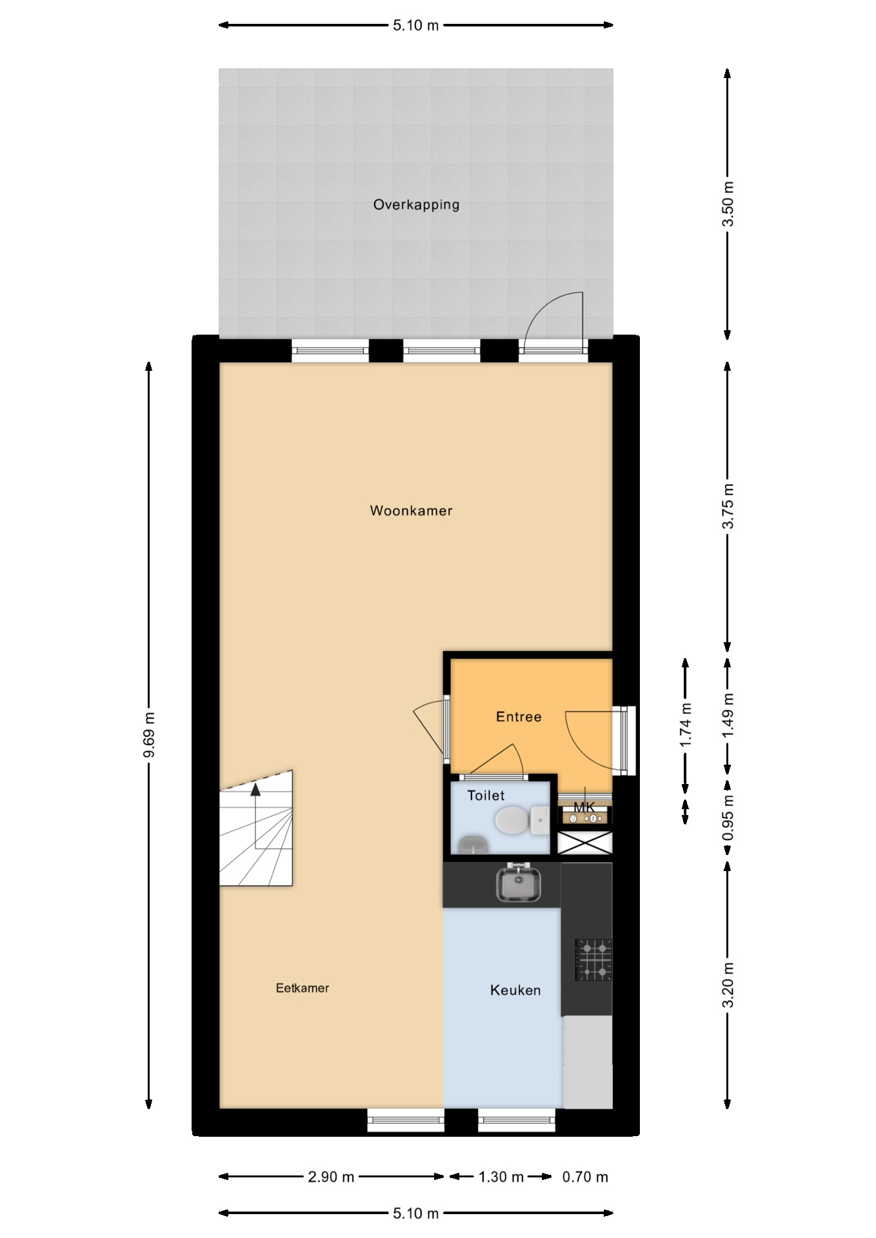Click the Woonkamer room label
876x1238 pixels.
(x=411, y=511)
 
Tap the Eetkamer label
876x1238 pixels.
(x=303, y=988)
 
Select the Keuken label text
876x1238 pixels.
(x=515, y=990)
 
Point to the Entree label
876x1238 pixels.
(x=519, y=716)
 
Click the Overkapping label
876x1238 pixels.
(x=416, y=205)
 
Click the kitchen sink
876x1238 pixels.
(x=518, y=883)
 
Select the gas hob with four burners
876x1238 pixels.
(x=593, y=959)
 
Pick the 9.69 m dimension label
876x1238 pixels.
(x=149, y=736)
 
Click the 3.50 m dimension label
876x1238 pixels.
(x=728, y=204)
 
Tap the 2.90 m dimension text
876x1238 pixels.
(x=331, y=1177)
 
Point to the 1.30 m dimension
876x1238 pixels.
(x=501, y=1177)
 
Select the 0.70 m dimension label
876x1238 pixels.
(x=585, y=1177)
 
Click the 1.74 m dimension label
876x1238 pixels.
(x=686, y=725)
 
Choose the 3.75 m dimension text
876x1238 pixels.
(x=728, y=506)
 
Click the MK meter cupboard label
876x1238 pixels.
(x=584, y=807)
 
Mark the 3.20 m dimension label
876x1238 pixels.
(x=728, y=985)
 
